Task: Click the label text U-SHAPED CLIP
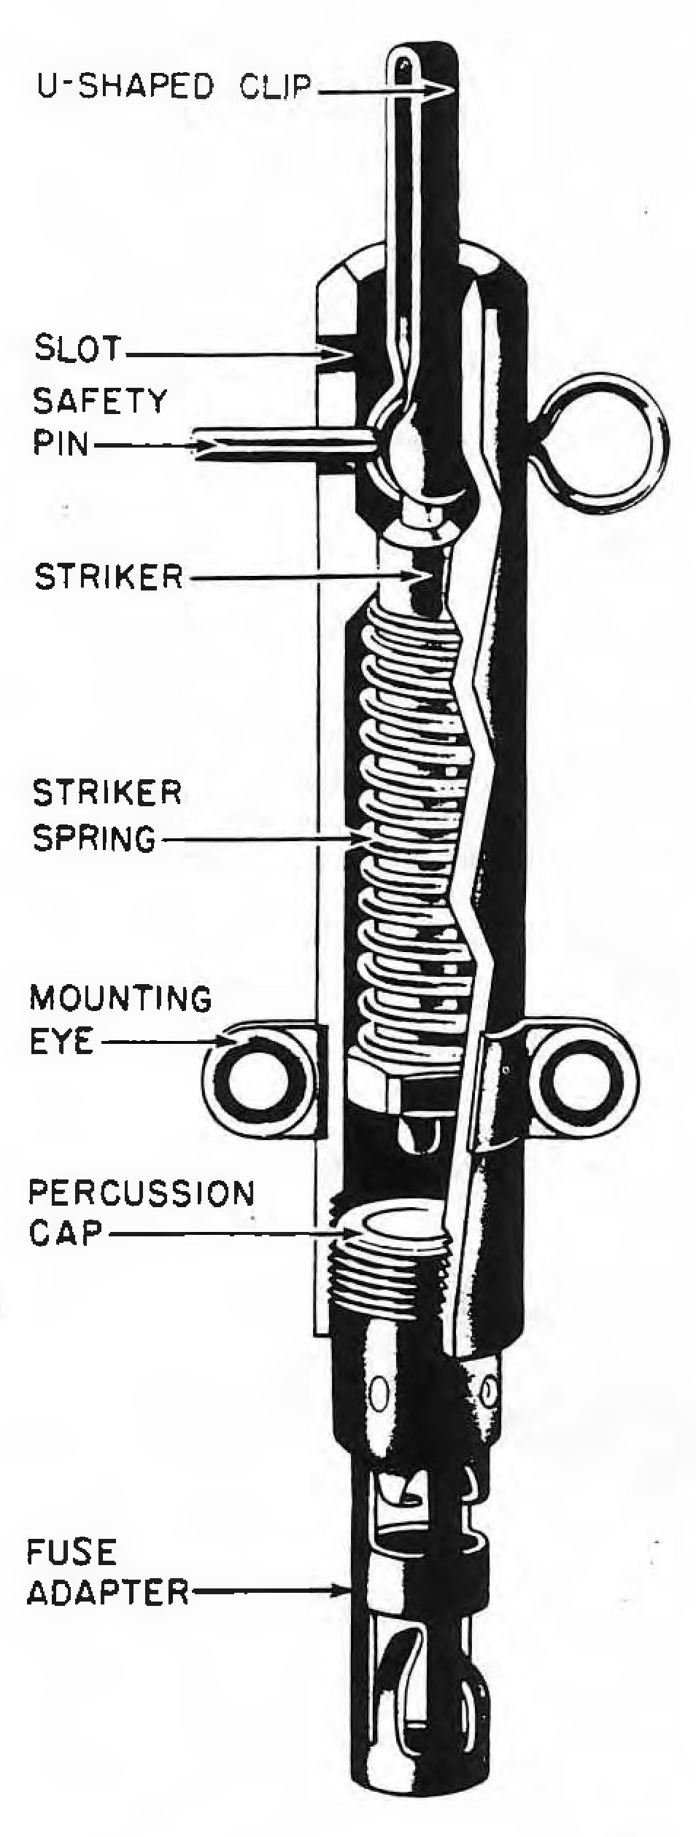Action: tap(174, 87)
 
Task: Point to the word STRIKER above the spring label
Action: tap(108, 577)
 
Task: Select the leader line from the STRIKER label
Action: tap(302, 577)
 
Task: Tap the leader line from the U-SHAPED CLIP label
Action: tap(379, 90)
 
